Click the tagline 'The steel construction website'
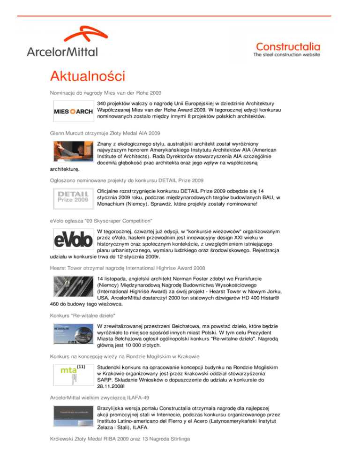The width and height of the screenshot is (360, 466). tap(287, 54)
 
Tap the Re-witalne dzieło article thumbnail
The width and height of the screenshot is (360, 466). tap(72, 332)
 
